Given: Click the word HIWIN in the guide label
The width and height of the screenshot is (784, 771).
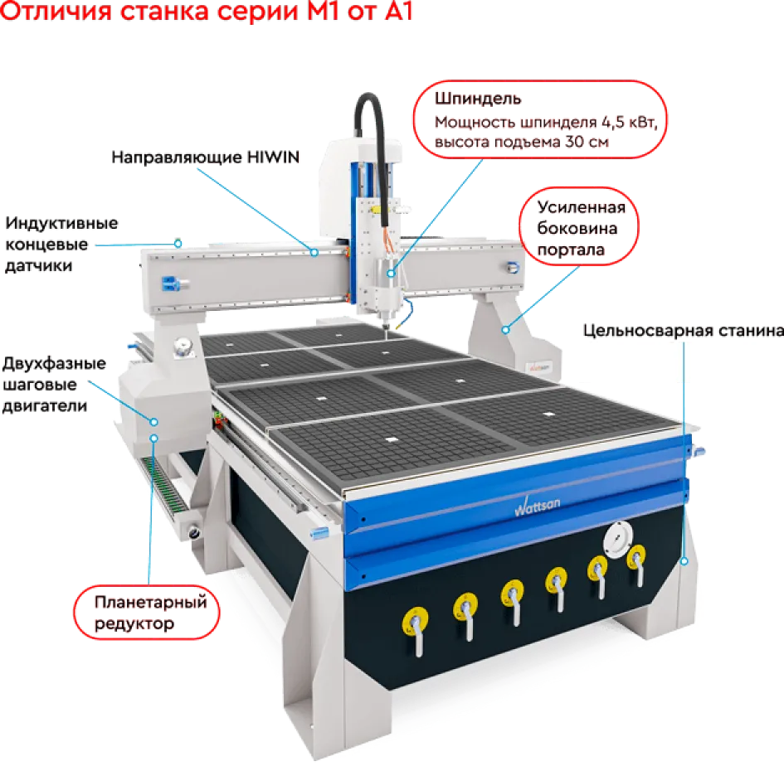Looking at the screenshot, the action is tap(274, 157).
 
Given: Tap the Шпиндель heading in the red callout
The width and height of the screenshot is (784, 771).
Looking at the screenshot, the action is tap(478, 99).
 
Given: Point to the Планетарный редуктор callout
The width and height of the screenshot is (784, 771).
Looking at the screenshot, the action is tap(147, 612).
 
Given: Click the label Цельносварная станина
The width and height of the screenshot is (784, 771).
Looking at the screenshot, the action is tap(683, 331).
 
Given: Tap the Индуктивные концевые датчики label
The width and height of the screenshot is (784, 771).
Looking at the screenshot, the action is tap(61, 245).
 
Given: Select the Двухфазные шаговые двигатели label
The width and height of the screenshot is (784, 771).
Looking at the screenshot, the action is tap(54, 384).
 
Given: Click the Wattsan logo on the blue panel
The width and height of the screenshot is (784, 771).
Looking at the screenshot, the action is tap(537, 506).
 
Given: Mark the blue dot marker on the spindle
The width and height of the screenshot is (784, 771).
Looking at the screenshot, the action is tap(391, 274).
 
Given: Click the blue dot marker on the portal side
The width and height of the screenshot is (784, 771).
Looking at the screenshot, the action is tap(505, 330).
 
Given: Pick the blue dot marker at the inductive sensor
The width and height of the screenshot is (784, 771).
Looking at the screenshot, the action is tap(178, 244).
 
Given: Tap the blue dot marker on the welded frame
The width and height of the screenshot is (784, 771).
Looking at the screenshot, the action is tap(684, 561).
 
